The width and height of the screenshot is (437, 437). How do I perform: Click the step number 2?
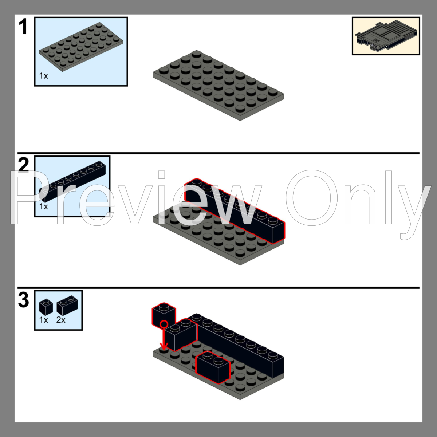[x=23, y=165]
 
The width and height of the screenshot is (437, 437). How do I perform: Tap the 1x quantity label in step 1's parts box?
[x=44, y=76]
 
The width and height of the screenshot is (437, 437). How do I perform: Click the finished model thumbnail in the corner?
[x=386, y=36]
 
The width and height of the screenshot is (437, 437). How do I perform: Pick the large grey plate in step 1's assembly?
[x=219, y=86]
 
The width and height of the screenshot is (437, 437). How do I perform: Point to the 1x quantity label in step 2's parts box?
[x=44, y=206]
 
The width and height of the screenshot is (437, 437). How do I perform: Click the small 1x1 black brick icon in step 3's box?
[x=46, y=307]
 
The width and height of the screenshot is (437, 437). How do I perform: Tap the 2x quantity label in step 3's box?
[x=61, y=320]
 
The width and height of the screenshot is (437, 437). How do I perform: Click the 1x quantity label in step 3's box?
[x=44, y=320]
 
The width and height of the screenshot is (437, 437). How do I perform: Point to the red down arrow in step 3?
[x=164, y=337]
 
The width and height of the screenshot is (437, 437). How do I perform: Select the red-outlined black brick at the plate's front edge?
[x=213, y=368]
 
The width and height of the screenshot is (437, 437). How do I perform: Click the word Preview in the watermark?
[x=135, y=198]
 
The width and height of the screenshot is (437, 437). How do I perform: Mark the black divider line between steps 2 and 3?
[x=219, y=288]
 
